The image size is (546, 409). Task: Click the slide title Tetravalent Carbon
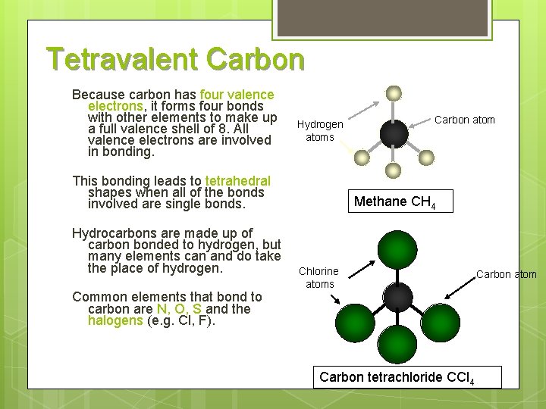[175, 59]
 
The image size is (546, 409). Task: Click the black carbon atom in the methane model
[394, 135]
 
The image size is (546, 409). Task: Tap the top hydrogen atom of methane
[393, 94]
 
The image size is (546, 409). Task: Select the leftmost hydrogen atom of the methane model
[362, 158]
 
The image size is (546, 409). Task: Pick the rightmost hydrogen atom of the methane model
[426, 157]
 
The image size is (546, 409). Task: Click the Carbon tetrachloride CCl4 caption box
[397, 377]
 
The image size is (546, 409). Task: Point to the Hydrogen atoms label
[320, 130]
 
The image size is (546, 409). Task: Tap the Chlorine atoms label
[319, 277]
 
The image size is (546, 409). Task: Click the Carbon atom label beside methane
[464, 120]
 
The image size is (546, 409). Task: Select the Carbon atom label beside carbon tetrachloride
[506, 274]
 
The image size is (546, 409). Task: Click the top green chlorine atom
[397, 251]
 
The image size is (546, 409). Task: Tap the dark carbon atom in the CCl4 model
[397, 298]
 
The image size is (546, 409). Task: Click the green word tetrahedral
[237, 181]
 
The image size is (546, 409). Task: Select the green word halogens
[115, 320]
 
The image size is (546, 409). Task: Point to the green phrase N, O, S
[180, 309]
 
